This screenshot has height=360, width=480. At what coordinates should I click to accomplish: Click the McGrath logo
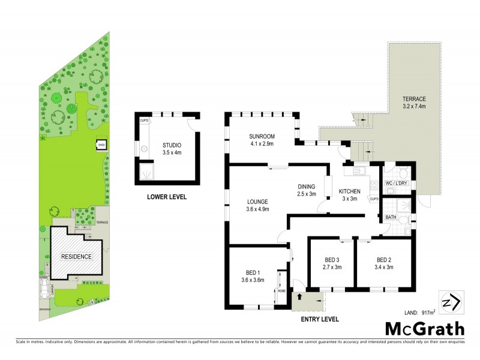pyautogui.click(x=424, y=329)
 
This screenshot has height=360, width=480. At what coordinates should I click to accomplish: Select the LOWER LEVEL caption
pyautogui.click(x=167, y=197)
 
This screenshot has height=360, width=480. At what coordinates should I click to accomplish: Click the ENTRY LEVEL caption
pyautogui.click(x=319, y=319)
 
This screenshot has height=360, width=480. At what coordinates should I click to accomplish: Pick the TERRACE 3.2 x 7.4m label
pyautogui.click(x=414, y=103)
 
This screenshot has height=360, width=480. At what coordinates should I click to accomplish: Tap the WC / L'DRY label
pyautogui.click(x=397, y=182)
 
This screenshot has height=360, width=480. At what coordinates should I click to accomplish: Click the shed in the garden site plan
pyautogui.click(x=101, y=144)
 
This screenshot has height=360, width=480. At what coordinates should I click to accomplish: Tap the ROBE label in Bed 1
pyautogui.click(x=281, y=290)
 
